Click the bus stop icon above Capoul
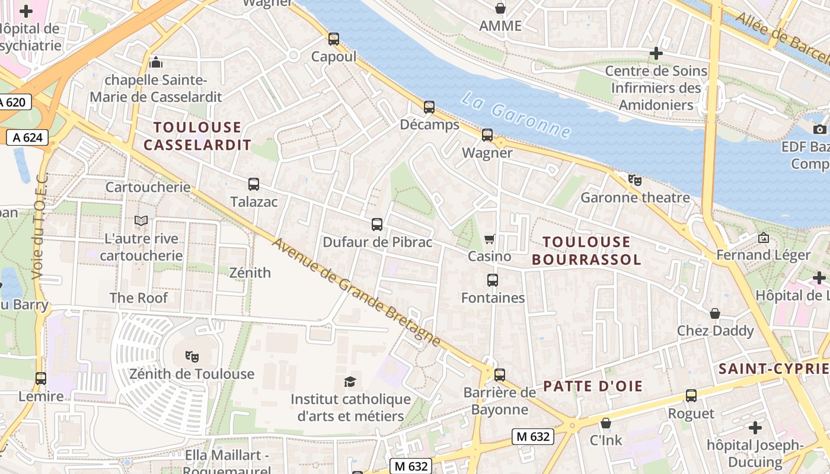pos(334,39)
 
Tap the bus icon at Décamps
pos(429,107)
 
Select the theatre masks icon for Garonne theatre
pos(635,180)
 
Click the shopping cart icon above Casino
pos(490,239)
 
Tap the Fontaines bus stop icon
pos(493,280)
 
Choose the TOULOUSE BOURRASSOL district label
pos(586,250)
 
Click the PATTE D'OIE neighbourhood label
pos(593,386)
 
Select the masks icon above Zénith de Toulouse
pos(191,356)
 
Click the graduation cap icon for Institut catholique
pos(350,382)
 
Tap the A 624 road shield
pos(27,138)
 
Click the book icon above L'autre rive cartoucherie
pos(141,221)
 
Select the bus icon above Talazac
pos(254,184)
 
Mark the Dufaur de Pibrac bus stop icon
pos(377,224)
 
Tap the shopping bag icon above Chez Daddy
pos(715,313)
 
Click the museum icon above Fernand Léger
pos(764,238)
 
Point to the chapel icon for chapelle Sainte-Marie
pos(155,62)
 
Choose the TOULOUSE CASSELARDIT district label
pos(197,136)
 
